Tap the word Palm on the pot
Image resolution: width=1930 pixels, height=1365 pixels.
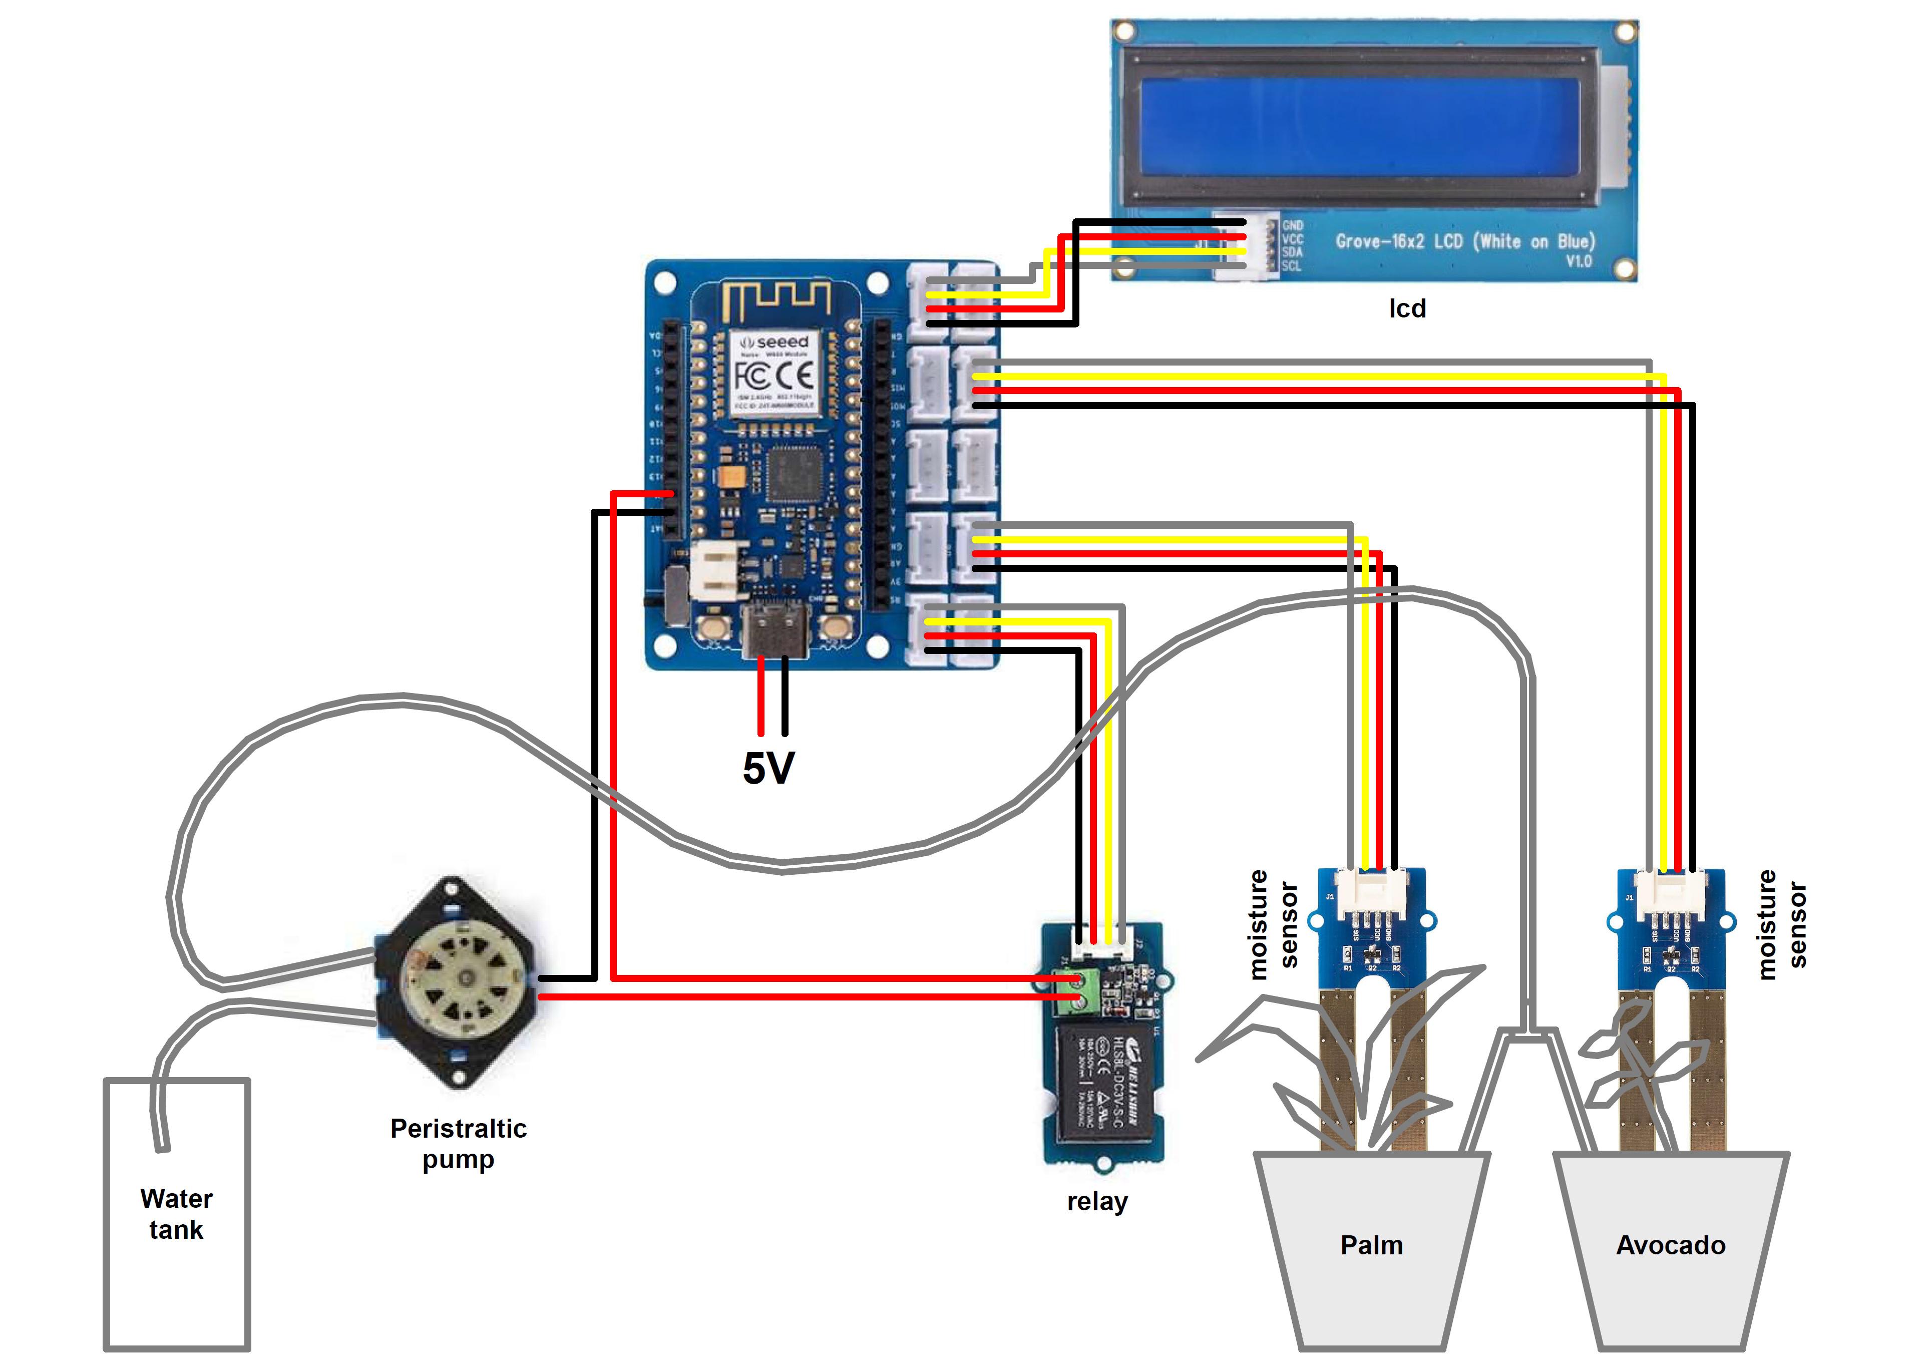(x=1371, y=1245)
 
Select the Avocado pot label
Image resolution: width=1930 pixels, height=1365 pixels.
(x=1670, y=1245)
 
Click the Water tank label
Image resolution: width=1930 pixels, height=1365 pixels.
(x=177, y=1214)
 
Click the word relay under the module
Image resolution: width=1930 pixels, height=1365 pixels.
(x=1097, y=1201)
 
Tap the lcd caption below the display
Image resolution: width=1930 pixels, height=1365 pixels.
(x=1406, y=308)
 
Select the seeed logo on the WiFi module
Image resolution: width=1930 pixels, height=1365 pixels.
(x=774, y=342)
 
